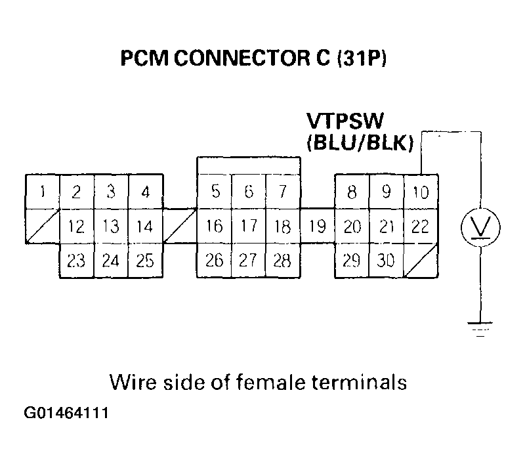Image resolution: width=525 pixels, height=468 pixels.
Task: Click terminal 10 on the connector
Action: point(420,192)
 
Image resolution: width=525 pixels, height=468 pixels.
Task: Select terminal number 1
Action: point(43,192)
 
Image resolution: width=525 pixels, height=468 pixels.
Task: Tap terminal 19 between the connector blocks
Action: point(318,227)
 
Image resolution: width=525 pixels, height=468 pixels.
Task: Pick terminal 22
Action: point(420,227)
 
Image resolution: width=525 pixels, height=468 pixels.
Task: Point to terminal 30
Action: point(387,261)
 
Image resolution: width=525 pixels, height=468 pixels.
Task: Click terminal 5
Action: point(215,192)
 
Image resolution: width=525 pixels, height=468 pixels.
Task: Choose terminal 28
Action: point(282,261)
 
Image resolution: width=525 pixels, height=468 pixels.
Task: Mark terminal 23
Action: point(77,261)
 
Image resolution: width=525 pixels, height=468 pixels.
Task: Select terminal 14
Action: point(144,227)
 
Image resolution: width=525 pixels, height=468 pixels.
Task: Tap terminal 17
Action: point(248,227)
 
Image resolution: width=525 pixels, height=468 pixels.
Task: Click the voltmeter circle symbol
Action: point(482,228)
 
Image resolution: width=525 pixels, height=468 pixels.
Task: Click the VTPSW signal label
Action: point(345,123)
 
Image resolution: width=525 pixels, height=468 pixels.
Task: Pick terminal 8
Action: point(352,192)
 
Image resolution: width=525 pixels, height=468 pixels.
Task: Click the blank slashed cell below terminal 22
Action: point(421,261)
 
